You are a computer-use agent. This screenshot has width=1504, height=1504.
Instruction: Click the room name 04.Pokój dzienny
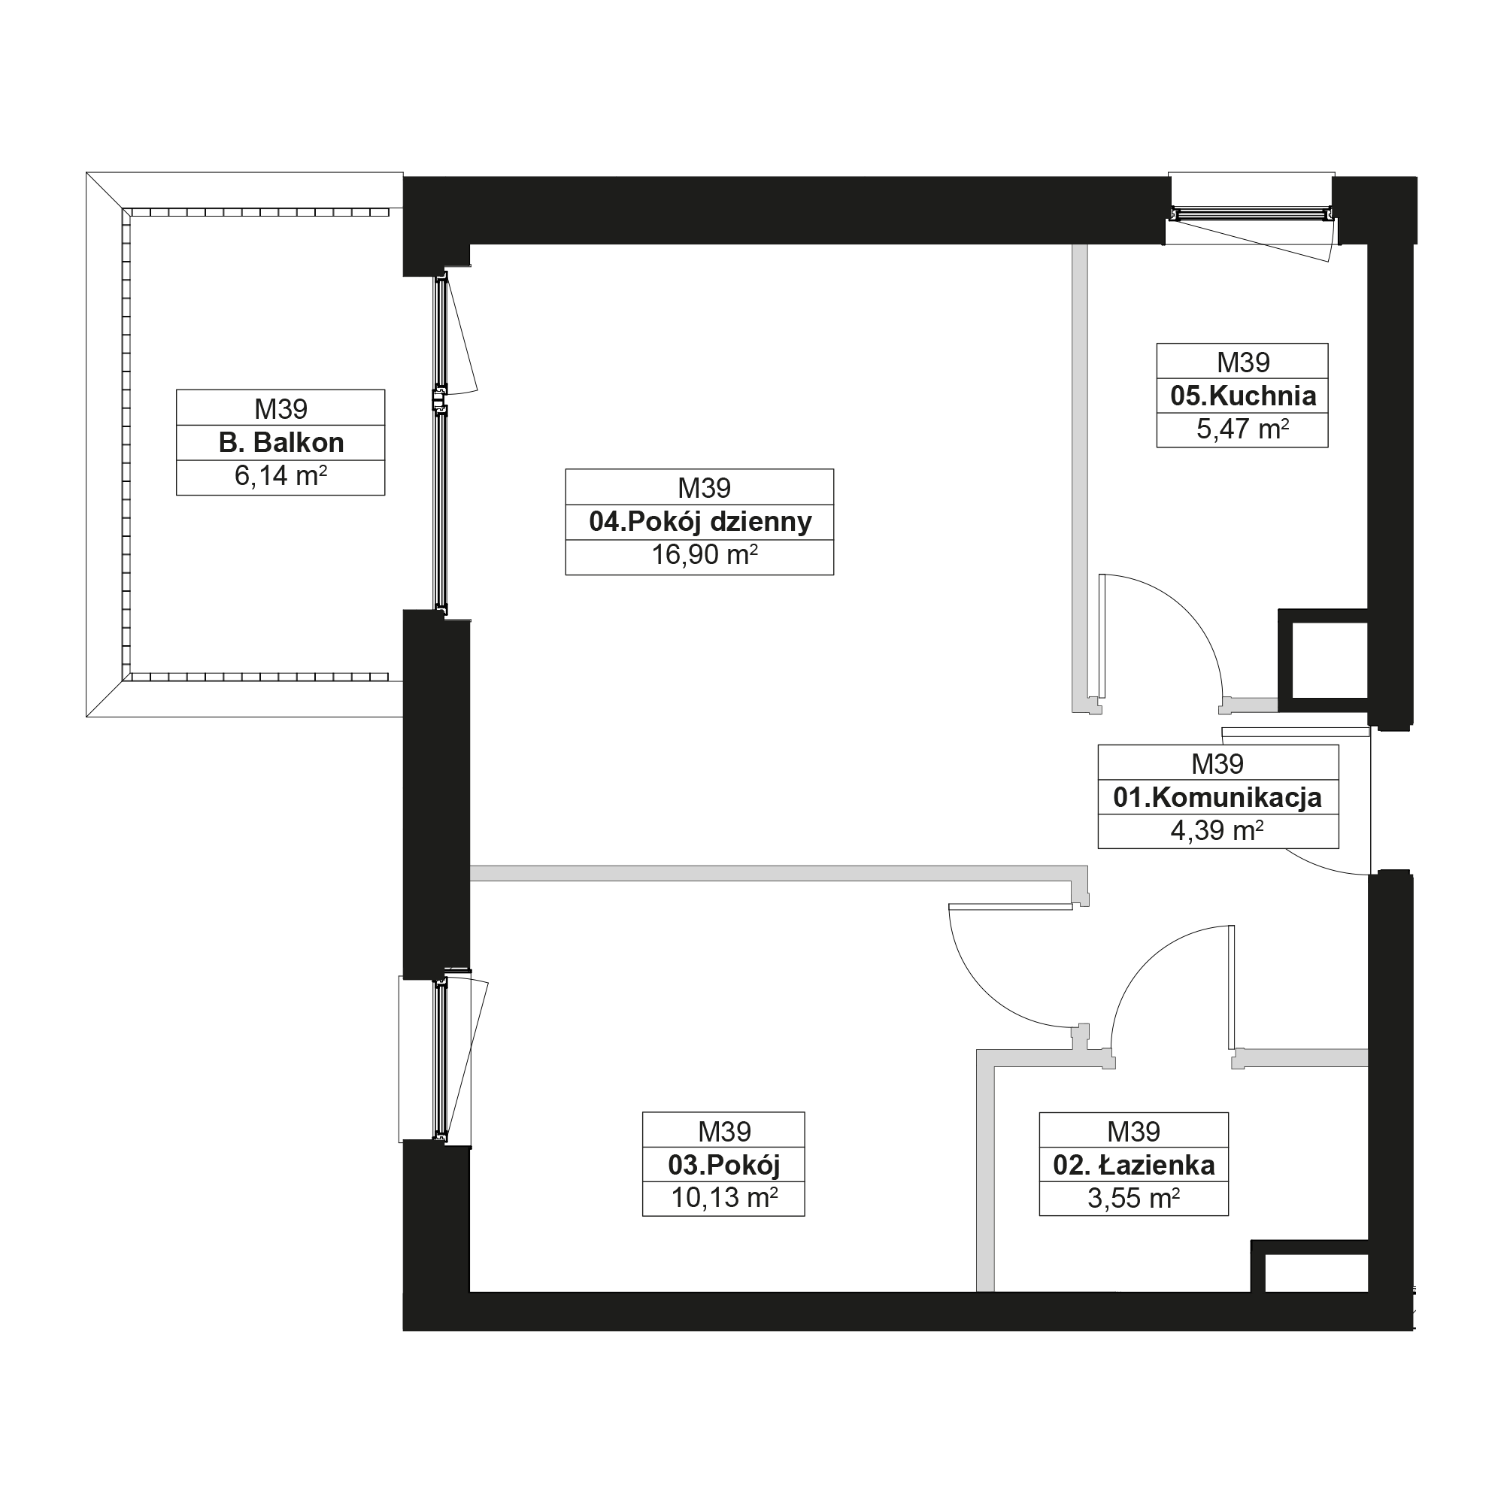700,523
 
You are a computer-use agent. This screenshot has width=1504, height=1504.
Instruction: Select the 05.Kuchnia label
1243,396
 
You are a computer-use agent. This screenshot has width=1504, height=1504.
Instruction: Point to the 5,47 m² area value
1243,429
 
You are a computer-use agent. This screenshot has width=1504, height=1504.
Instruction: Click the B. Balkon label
281,443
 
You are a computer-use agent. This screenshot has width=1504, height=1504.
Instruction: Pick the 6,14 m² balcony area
280,476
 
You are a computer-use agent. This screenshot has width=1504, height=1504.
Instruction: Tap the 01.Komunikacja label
1217,798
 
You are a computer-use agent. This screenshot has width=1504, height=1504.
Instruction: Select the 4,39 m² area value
1217,831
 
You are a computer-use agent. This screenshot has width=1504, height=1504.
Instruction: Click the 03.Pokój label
724,1166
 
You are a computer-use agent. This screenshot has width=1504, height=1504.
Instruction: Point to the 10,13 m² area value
724,1198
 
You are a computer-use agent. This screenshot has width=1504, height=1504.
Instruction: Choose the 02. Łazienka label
1134,1166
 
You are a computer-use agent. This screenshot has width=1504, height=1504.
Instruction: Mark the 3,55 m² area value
1134,1198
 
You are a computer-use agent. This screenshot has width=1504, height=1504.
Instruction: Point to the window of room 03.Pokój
442,1060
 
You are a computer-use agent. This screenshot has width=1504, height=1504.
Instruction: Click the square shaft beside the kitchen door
1324,661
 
